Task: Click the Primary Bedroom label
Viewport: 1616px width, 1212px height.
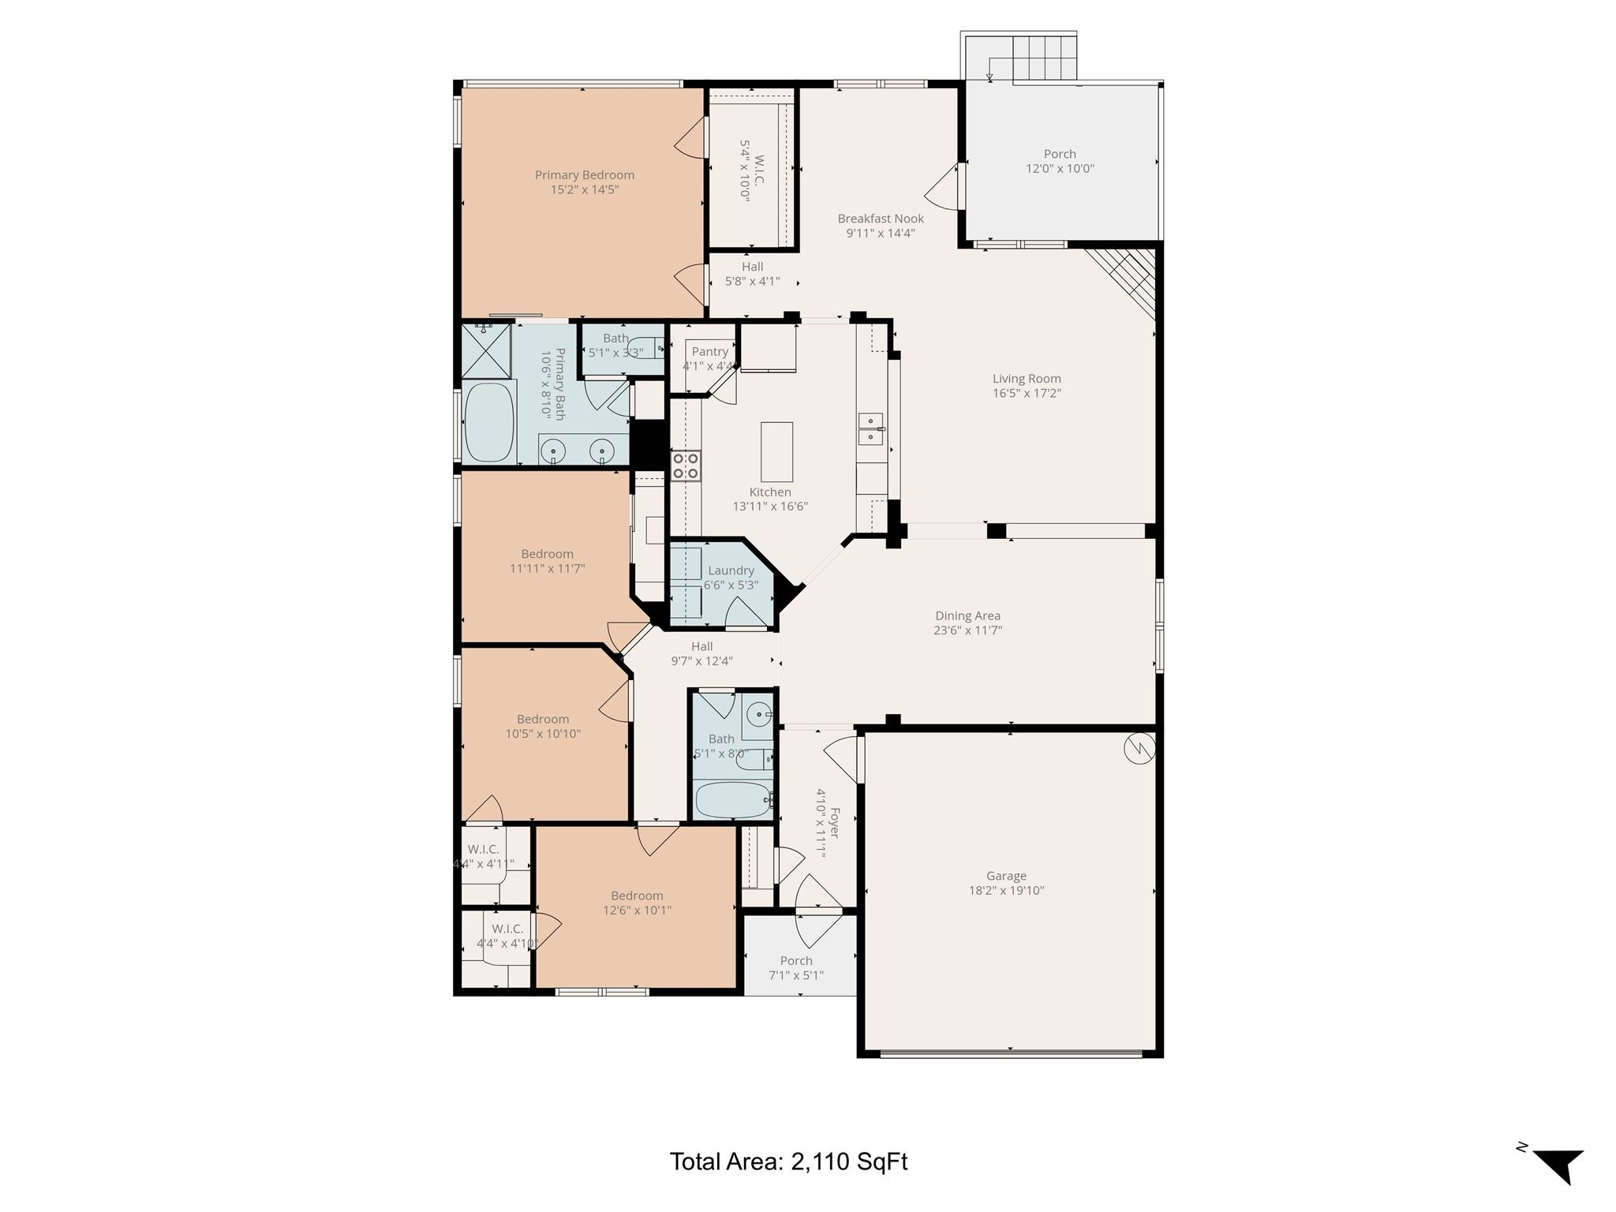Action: pos(584,175)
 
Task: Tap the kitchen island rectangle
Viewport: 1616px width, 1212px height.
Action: pos(776,451)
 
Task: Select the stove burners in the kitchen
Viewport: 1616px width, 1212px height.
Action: pos(685,466)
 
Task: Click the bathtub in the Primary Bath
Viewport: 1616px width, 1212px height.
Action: pos(489,422)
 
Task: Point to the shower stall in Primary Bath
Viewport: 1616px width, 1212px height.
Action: pos(486,350)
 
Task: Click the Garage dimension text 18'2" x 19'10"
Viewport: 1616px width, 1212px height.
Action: pos(1006,890)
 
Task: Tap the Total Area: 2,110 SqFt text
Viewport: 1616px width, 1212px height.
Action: pos(788,1161)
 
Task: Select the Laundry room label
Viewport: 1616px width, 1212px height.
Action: pos(731,570)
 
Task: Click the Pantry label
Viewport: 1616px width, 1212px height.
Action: pos(709,352)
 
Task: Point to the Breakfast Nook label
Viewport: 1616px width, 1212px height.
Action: pos(881,219)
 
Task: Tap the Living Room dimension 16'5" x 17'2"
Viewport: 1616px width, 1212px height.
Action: pos(1027,393)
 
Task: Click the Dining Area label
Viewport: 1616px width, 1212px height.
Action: pos(967,615)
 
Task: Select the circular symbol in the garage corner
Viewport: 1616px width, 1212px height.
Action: pos(1139,749)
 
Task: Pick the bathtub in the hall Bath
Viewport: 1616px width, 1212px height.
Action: pos(731,800)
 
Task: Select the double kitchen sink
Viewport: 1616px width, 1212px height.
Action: pos(870,428)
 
